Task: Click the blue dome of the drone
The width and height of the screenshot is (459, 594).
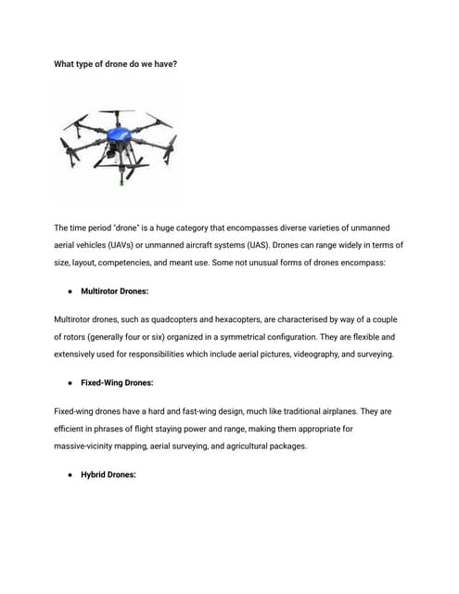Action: coord(120,126)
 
